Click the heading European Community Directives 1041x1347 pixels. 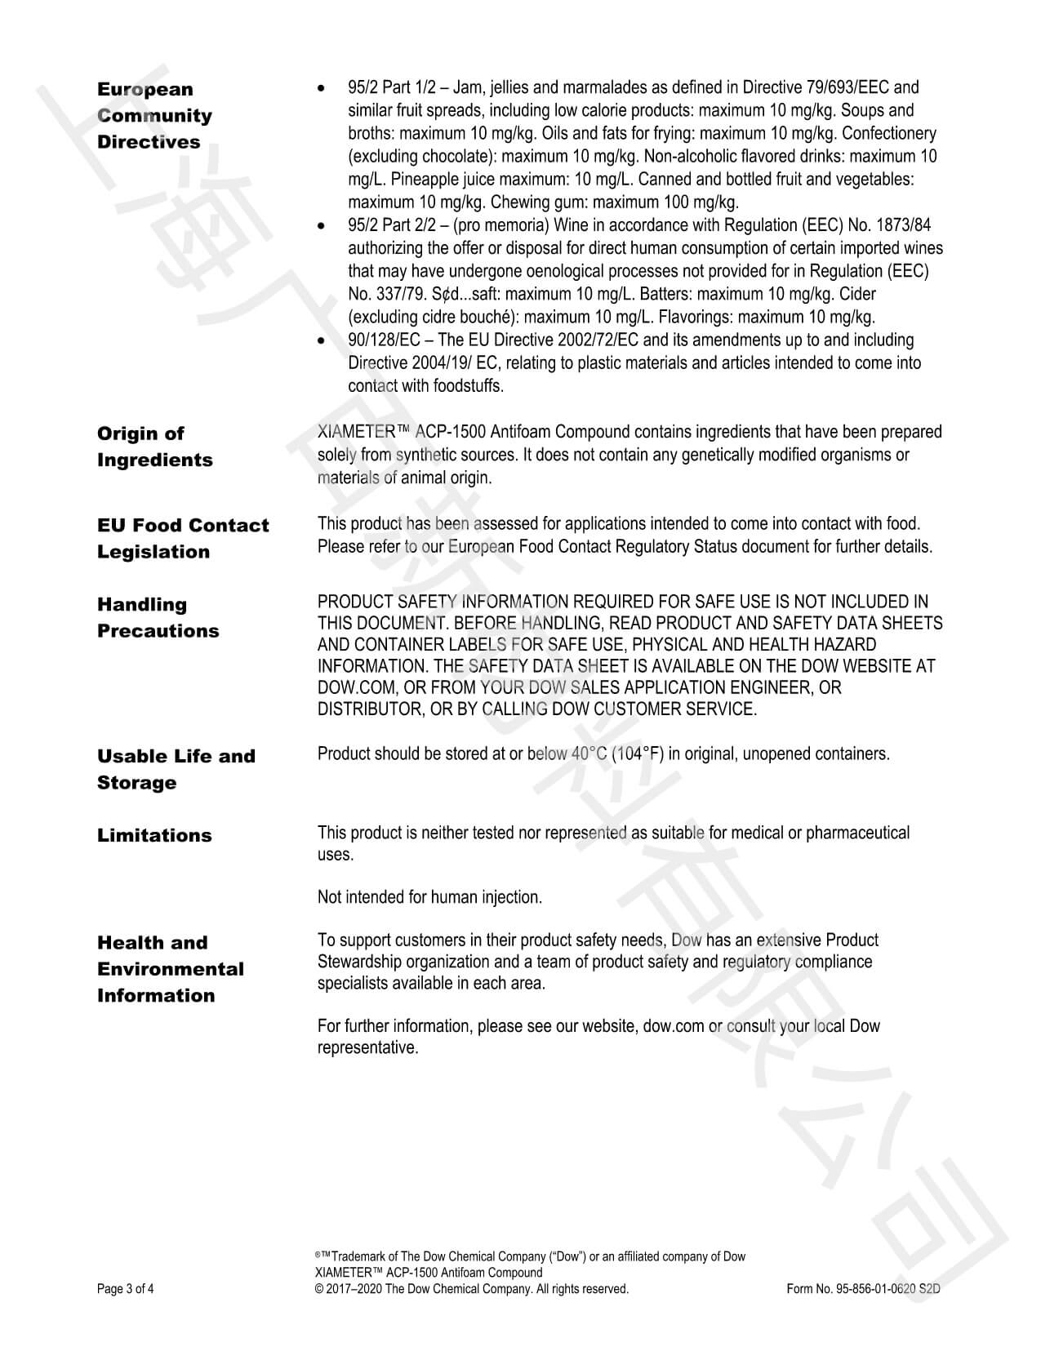[154, 115]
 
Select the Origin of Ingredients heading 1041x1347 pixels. [154, 447]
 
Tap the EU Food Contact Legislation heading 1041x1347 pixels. [182, 538]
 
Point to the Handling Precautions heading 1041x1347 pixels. [158, 617]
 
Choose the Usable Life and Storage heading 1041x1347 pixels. [176, 769]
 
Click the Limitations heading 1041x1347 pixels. [154, 835]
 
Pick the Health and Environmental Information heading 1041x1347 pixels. [170, 969]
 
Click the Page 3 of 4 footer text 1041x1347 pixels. [125, 1289]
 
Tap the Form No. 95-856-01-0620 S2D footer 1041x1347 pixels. [858, 1289]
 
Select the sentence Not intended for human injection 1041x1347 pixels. [429, 897]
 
